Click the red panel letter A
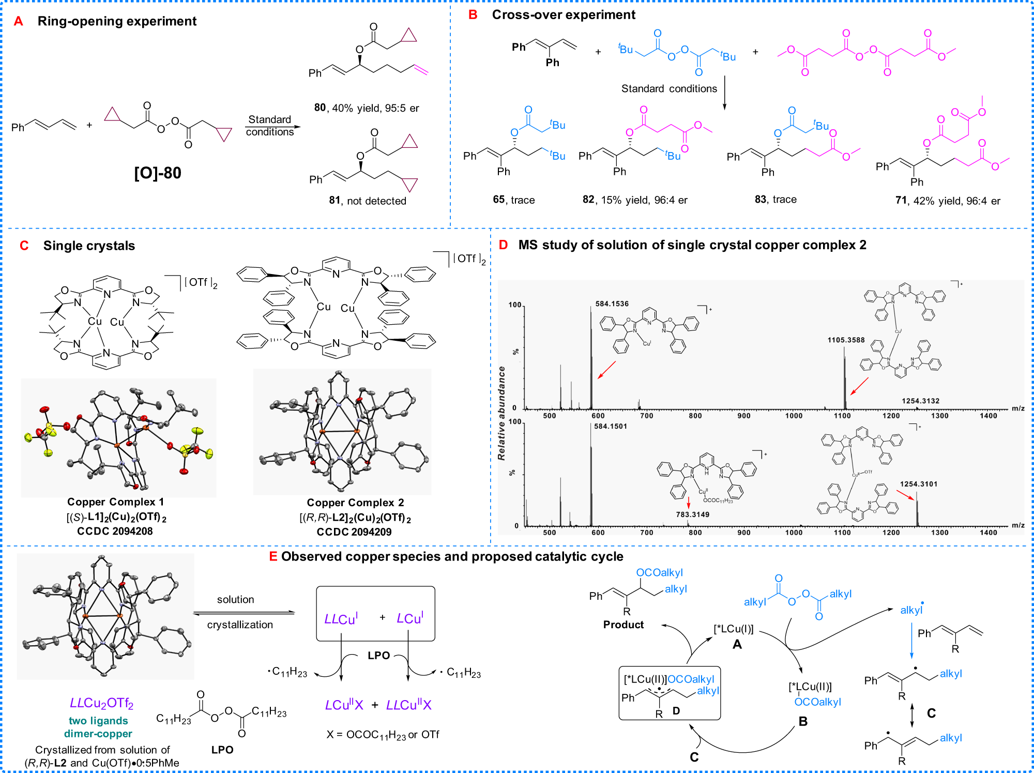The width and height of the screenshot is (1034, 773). (19, 21)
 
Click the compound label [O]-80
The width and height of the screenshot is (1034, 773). (158, 173)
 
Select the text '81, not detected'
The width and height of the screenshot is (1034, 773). (368, 201)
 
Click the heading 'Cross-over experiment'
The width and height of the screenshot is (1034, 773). (564, 14)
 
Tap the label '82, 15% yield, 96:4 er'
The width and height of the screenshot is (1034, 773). (635, 200)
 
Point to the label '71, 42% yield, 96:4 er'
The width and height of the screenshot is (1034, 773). (948, 201)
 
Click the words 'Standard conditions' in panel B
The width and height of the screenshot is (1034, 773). (669, 88)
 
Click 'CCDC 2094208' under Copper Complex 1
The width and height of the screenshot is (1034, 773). (115, 531)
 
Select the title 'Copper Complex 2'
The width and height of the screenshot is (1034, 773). (355, 503)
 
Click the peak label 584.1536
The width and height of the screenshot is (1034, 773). (612, 304)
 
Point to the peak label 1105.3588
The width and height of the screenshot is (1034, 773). (846, 340)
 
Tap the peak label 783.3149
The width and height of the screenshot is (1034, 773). (692, 514)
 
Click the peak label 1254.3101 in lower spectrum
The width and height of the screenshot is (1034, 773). (918, 484)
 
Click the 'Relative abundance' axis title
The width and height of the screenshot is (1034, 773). (501, 413)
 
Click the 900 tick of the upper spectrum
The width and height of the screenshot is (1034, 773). (743, 416)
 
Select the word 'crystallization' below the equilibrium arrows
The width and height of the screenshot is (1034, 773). (240, 625)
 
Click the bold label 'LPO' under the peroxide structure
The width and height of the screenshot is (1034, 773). (222, 750)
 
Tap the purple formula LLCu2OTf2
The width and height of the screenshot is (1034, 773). (102, 703)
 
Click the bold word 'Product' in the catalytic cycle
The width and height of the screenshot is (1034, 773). (623, 625)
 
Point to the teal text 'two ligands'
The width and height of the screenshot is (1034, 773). (98, 721)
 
